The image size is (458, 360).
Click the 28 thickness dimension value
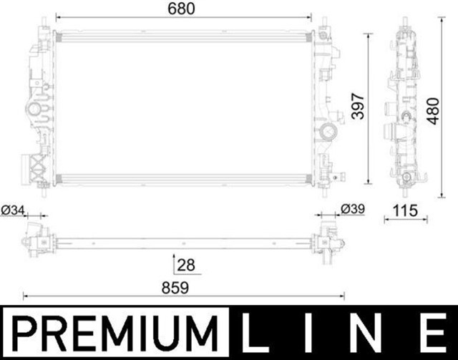[x=186, y=265]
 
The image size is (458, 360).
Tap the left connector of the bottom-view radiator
[x=36, y=238]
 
